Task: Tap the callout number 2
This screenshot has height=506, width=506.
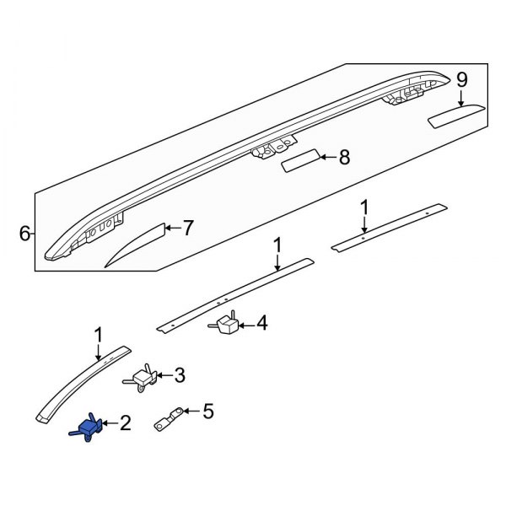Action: (125, 422)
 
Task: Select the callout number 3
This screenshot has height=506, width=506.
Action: (179, 375)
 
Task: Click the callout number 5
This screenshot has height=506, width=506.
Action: (208, 412)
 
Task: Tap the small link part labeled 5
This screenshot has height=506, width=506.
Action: (170, 418)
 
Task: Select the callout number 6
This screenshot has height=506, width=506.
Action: (24, 234)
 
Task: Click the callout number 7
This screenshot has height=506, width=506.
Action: (188, 228)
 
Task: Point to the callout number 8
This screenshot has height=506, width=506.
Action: (343, 156)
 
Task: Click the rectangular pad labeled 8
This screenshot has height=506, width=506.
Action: (299, 160)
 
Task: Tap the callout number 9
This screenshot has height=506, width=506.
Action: (461, 80)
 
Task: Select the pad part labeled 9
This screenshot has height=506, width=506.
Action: (456, 115)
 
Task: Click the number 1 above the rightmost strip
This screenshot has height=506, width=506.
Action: (364, 207)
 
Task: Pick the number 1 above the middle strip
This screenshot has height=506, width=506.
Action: (277, 245)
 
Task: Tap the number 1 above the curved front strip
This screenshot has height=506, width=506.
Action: (98, 336)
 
